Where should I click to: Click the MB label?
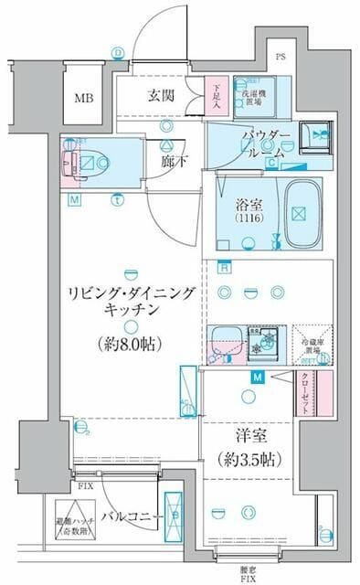84,97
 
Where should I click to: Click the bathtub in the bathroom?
297,213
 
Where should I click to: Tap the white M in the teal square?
259,378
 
